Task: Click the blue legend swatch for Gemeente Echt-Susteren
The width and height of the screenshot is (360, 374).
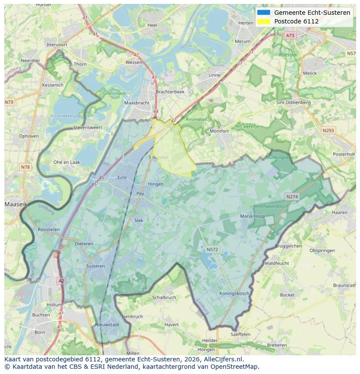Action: point(263,13)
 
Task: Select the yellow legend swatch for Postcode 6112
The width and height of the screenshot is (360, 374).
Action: point(263,21)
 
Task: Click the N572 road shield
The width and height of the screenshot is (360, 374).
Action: point(212,249)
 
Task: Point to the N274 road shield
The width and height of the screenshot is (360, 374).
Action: point(292,197)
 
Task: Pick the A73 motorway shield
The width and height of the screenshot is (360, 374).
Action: point(290,35)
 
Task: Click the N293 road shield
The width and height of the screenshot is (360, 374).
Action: point(328,130)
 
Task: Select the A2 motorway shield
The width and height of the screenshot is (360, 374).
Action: point(61,281)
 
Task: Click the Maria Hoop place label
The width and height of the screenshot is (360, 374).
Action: point(252,216)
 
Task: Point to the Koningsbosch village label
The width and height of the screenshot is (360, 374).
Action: point(234,294)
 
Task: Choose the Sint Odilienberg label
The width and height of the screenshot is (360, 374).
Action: point(293,103)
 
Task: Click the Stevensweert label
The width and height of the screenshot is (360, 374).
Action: point(87,128)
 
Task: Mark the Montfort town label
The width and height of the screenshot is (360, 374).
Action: point(219,131)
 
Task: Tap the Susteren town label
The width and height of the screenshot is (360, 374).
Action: point(95,266)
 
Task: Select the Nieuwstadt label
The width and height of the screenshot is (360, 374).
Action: point(107,324)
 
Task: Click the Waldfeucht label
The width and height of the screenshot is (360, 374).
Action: point(277,263)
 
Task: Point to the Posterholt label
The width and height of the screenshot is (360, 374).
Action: point(343,154)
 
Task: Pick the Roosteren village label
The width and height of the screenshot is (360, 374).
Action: point(49,229)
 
